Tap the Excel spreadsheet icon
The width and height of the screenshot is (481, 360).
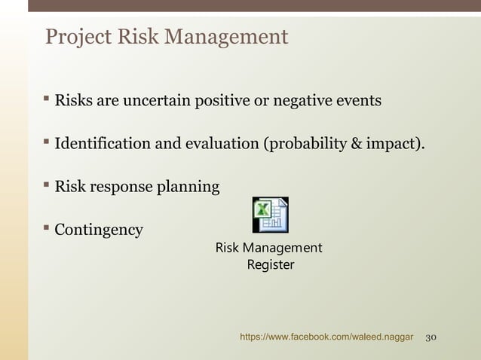pyautogui.click(x=270, y=215)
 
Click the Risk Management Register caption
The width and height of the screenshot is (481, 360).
pyautogui.click(x=269, y=256)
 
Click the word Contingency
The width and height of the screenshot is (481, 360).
pyautogui.click(x=99, y=230)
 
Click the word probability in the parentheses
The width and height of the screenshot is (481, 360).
pyautogui.click(x=299, y=143)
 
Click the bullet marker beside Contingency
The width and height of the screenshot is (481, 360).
pyautogui.click(x=47, y=228)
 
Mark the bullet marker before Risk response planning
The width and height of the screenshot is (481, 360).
pyautogui.click(x=47, y=185)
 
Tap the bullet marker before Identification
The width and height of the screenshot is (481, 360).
pyautogui.click(x=47, y=142)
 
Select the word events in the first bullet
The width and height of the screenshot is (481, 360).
pyautogui.click(x=360, y=100)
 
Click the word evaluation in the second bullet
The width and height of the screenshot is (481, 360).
pyautogui.click(x=220, y=143)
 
